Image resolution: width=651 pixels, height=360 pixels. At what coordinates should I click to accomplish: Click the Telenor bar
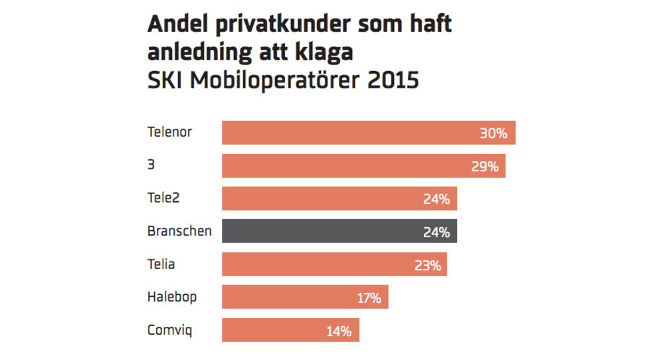[369, 133]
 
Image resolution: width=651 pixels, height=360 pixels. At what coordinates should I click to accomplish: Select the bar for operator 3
[363, 166]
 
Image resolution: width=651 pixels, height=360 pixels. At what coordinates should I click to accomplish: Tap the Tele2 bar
[339, 199]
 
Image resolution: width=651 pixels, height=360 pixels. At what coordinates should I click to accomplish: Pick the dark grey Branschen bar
[339, 231]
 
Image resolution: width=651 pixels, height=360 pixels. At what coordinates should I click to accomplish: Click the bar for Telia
[334, 264]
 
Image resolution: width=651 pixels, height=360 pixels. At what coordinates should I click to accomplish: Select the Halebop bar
[305, 297]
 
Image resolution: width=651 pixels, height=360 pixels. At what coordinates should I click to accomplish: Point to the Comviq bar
[290, 330]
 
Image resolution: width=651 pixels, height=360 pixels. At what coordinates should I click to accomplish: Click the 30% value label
[494, 134]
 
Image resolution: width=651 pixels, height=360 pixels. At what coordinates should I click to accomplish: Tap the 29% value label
[484, 166]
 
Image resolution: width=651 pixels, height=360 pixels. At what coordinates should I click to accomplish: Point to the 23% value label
[427, 265]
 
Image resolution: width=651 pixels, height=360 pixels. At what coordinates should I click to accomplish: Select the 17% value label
[369, 298]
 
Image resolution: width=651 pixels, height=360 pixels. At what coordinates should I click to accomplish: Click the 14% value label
[339, 331]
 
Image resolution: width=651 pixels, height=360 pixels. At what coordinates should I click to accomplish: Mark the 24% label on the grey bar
[436, 232]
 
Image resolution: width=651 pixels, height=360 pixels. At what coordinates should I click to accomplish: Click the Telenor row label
[169, 132]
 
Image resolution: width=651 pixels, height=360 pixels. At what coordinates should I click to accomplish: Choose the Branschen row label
[179, 231]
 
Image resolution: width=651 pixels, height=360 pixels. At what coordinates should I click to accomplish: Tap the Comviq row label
[169, 330]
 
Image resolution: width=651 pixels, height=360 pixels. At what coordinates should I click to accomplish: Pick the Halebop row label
[171, 297]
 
